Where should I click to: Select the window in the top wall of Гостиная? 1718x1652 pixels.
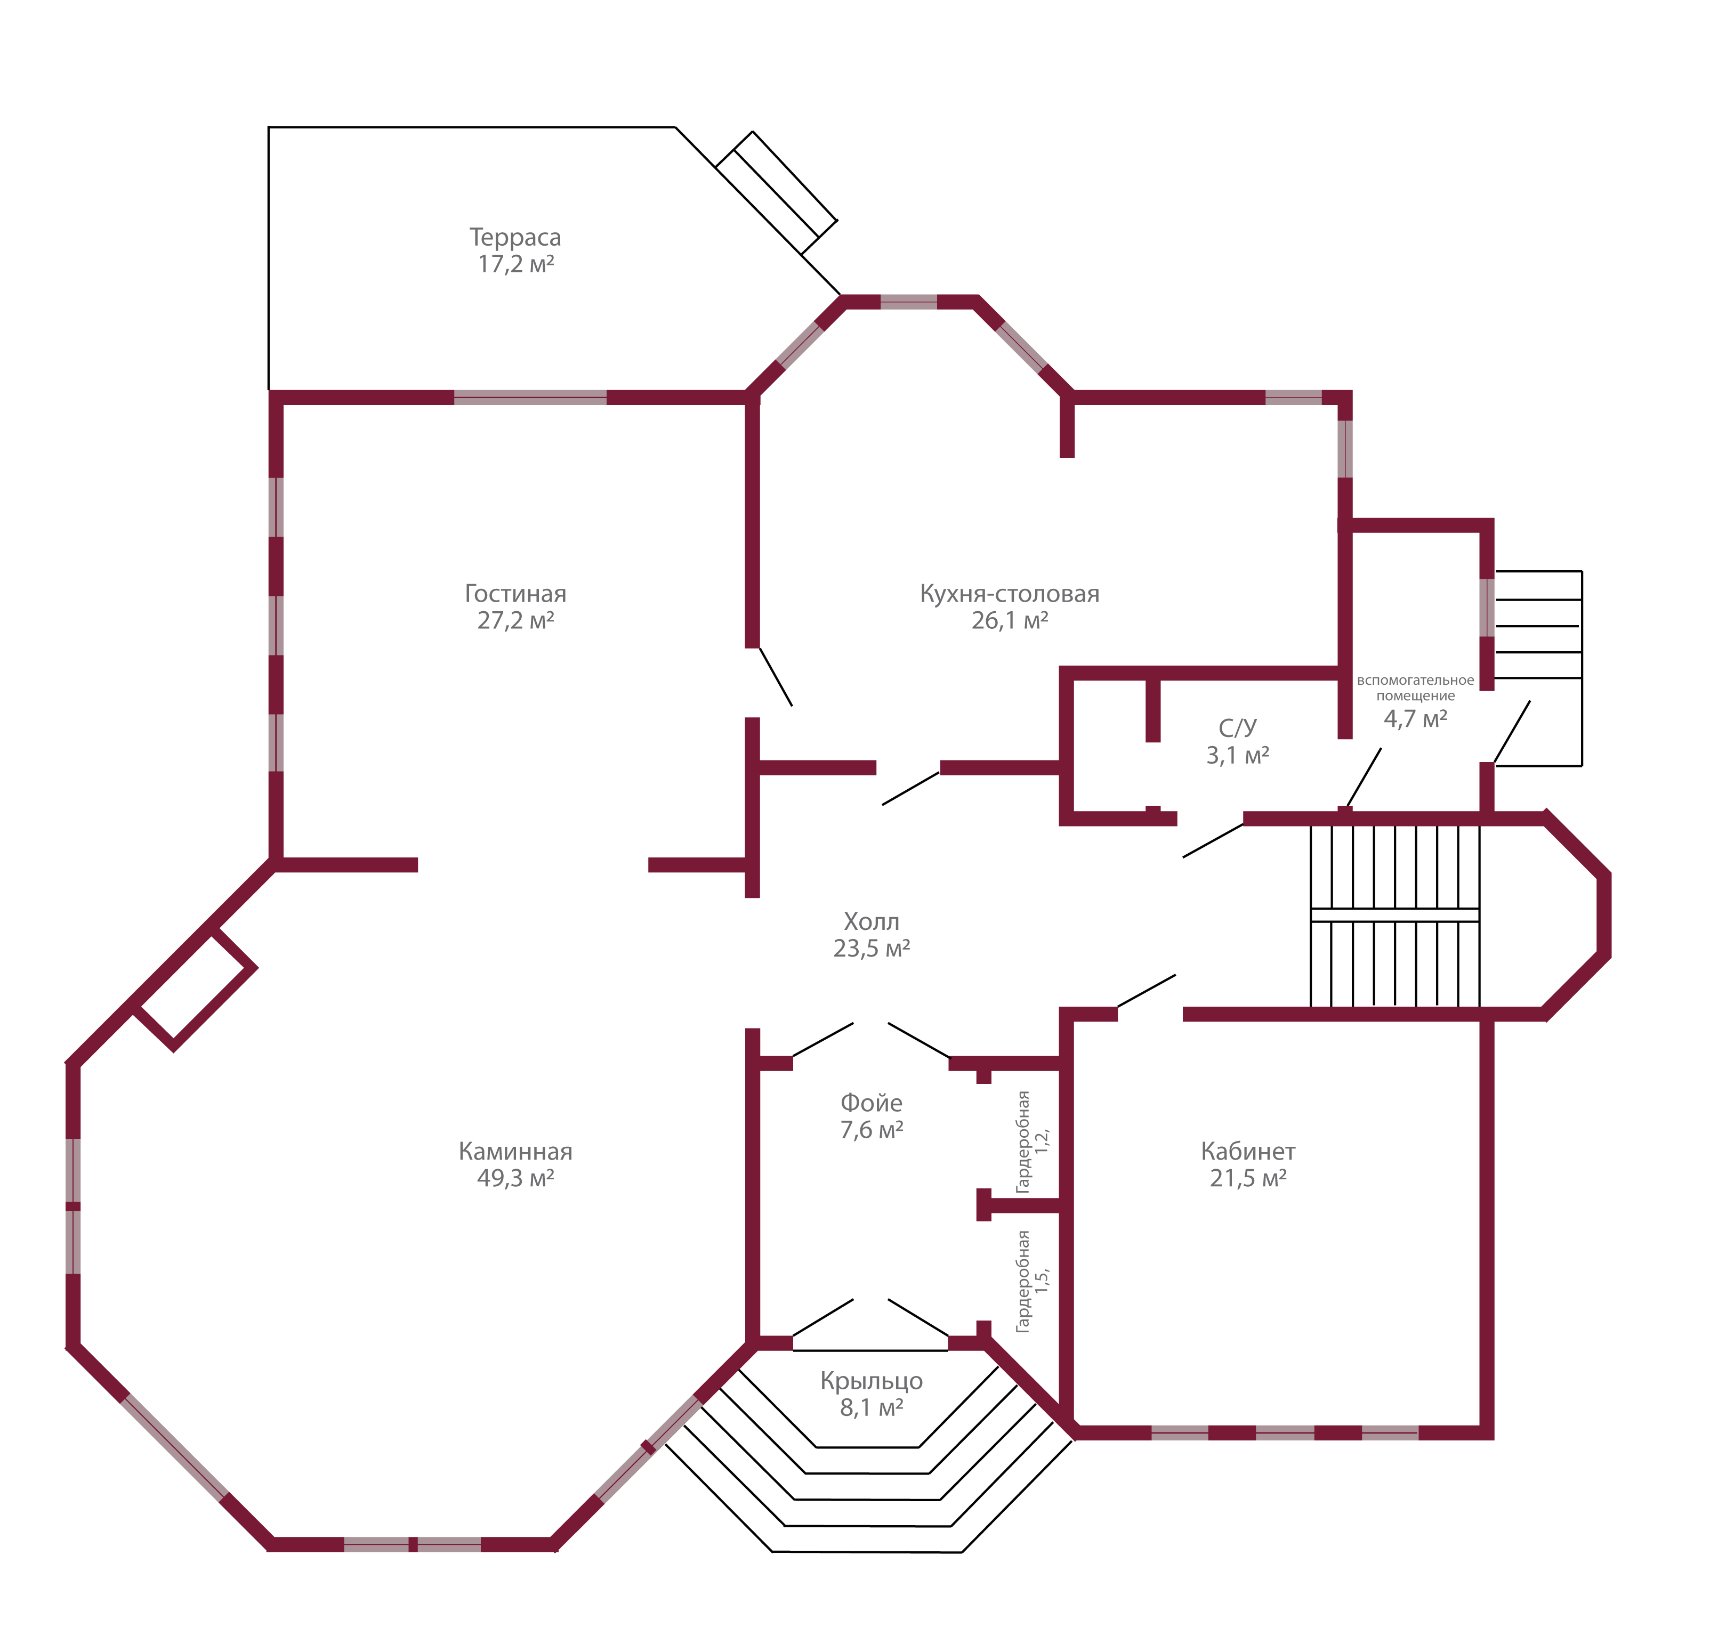(x=530, y=398)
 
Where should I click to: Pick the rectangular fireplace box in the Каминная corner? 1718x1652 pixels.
(x=195, y=990)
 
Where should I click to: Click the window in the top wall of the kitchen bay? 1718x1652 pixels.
(x=909, y=302)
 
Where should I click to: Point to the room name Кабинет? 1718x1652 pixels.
(x=1248, y=1152)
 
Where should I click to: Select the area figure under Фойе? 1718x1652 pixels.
(x=872, y=1130)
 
